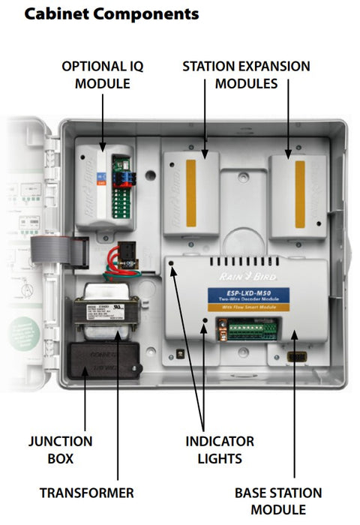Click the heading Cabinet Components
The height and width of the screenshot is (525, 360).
coord(112,13)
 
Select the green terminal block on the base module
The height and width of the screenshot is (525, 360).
coord(247,328)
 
